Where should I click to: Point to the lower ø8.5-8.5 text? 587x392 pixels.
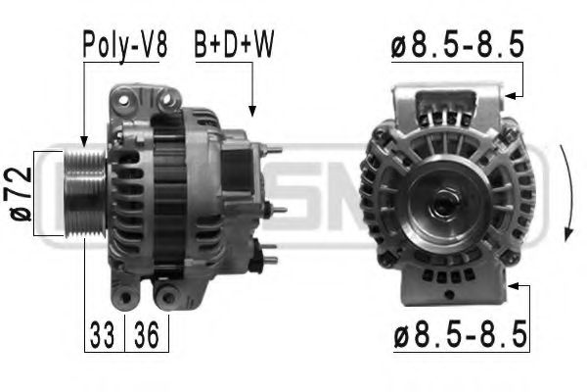(x=459, y=335)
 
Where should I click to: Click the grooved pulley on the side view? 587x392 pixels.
(x=79, y=196)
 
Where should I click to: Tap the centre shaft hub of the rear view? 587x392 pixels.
(x=437, y=203)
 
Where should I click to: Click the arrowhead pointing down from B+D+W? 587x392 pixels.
(x=251, y=112)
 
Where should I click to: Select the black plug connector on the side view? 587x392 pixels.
(x=258, y=260)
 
